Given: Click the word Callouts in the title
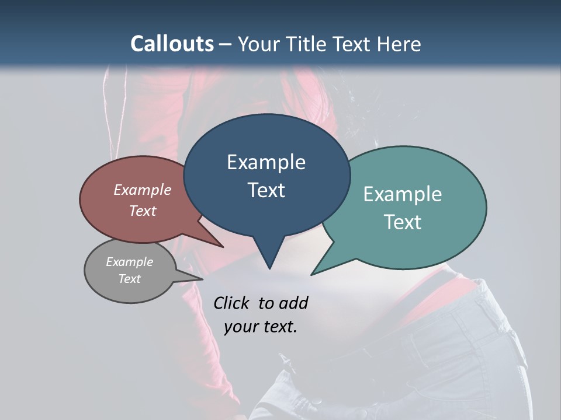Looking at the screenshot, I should pos(172,44).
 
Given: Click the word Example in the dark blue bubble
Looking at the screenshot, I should pos(266,162).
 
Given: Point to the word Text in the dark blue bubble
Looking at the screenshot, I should pos(266,190).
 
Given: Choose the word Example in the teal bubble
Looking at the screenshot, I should pos(403,194).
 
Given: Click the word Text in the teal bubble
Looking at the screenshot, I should pos(403,222).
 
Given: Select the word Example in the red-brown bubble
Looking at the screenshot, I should pos(143,190).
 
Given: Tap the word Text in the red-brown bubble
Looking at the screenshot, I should pos(143,211).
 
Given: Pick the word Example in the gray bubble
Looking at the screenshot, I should pos(129,262).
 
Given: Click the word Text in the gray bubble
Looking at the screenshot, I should pos(129,279).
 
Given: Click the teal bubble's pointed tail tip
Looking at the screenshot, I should pos(312,274).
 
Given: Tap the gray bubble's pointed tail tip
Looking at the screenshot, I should pos(202,279).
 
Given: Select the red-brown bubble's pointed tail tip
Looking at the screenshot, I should pos(223,247).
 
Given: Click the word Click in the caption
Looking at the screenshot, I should pos(232,303).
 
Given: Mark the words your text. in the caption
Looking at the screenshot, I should pos(261,327).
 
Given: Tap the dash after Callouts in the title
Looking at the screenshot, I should pos(226,44).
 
